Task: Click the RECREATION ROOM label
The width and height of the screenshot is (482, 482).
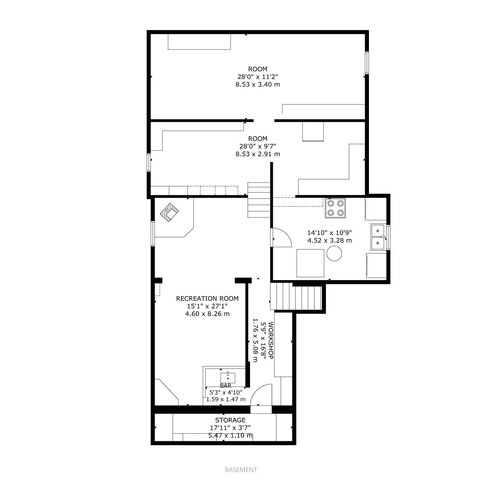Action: pos(207,299)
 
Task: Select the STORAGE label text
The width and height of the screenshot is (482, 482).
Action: pos(230,420)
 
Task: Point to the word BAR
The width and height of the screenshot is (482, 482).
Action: pos(226,386)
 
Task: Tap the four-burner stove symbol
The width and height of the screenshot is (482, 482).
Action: pos(336,208)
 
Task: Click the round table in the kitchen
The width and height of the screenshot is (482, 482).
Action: pos(334,253)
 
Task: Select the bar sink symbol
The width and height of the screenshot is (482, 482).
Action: pos(228,378)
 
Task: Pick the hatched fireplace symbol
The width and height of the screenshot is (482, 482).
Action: pos(169,212)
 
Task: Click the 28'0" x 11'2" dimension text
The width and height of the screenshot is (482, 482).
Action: pos(258,77)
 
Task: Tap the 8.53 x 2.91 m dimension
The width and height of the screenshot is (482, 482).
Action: pos(258,154)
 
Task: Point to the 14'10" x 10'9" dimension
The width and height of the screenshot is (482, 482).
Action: pos(330,233)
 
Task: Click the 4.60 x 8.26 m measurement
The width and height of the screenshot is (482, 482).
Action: pos(207,314)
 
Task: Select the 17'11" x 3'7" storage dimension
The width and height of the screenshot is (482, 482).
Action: pos(230,428)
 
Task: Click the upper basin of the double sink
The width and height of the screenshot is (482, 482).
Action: pos(378,231)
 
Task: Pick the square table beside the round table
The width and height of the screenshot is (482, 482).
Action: pos(310,263)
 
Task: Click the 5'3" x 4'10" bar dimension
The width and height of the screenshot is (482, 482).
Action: pos(226,393)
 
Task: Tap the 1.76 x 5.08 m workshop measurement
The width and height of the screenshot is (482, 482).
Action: pos(255,340)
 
